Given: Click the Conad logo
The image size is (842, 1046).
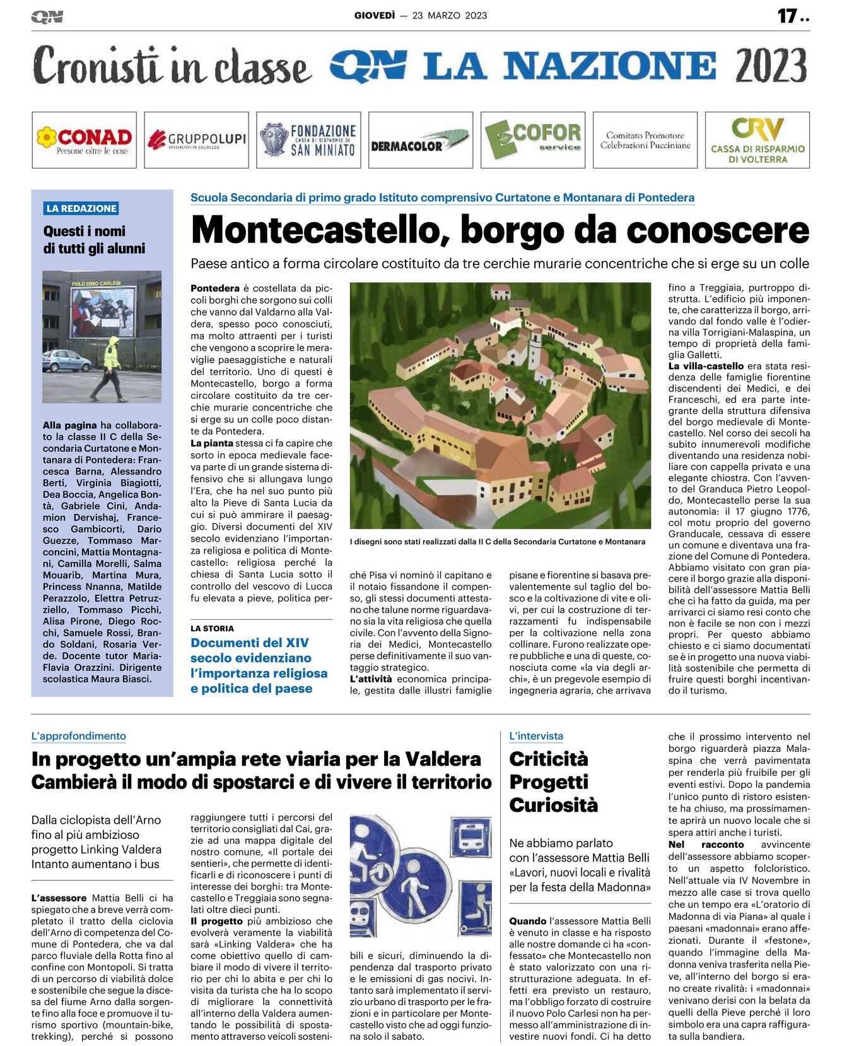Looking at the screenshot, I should [84, 140].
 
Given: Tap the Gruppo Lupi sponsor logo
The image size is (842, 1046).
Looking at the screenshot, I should [196, 140].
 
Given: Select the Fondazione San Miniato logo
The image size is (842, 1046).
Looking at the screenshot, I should [308, 140].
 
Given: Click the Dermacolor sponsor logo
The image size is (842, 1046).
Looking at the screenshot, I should [421, 141].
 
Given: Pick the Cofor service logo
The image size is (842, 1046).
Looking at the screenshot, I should [533, 140].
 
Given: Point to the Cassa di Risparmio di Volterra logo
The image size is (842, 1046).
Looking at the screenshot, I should [757, 140].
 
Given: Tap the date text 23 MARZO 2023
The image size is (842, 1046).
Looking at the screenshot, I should [450, 16].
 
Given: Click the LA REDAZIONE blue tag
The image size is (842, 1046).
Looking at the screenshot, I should [81, 208].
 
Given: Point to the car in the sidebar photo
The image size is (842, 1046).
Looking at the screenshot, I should [66, 361].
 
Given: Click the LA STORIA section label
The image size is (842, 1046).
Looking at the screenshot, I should [212, 628].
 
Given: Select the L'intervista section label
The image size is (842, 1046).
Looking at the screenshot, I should [536, 736].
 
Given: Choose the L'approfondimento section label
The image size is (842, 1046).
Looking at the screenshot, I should [79, 736].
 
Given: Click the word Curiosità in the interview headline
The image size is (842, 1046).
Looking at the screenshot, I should [553, 805].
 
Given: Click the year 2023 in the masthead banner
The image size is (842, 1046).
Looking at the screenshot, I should [771, 66].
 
